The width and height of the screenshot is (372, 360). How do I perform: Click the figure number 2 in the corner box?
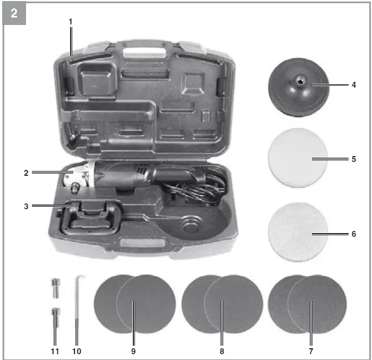click(14, 14)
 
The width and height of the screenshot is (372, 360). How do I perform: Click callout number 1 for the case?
click(71, 22)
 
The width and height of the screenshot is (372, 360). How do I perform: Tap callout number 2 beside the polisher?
click(26, 173)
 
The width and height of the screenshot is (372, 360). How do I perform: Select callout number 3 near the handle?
click(26, 205)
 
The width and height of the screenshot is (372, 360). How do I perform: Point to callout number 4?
click(353, 84)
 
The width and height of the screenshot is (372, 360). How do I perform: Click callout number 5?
click(353, 159)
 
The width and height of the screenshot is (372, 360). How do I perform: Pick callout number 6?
click(353, 234)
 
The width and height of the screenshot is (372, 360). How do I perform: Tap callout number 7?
click(311, 351)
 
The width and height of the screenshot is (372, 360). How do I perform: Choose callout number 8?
click(222, 351)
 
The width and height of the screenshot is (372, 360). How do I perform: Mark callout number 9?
click(133, 351)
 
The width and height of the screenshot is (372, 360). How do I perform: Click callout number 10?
click(77, 351)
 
